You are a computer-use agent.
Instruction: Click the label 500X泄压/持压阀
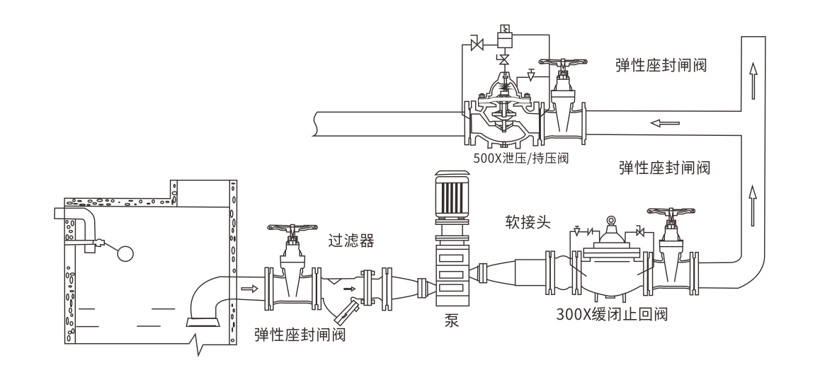click(x=521, y=158)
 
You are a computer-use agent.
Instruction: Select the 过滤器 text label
click(x=351, y=241)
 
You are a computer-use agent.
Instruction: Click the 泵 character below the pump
click(x=451, y=319)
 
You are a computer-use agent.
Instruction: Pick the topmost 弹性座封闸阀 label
click(x=663, y=66)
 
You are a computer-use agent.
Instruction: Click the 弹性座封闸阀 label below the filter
click(x=300, y=334)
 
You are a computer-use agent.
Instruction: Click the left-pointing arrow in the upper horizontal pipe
click(x=665, y=123)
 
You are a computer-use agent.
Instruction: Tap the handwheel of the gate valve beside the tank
click(x=290, y=229)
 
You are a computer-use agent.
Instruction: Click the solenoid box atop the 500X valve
click(x=505, y=33)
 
